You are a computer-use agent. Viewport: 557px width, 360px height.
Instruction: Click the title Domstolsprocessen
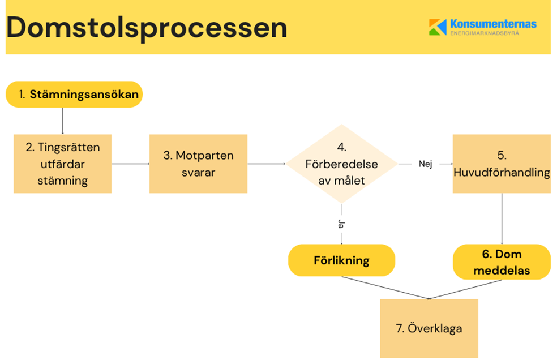pyautogui.click(x=147, y=27)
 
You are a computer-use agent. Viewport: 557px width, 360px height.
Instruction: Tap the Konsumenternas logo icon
pyautogui.click(x=438, y=27)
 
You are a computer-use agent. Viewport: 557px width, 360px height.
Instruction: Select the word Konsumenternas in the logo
pyautogui.click(x=492, y=24)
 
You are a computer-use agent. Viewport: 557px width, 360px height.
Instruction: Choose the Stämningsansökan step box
pyautogui.click(x=74, y=95)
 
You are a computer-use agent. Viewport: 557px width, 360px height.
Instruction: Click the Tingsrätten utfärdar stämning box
pyautogui.click(x=63, y=164)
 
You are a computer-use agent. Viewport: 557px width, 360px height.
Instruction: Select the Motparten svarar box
pyautogui.click(x=198, y=164)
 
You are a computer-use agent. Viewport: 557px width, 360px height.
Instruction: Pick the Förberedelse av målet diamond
pyautogui.click(x=341, y=164)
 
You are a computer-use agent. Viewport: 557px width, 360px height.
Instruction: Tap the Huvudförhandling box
pyautogui.click(x=502, y=164)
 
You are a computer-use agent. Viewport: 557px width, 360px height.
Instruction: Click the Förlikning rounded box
pyautogui.click(x=341, y=260)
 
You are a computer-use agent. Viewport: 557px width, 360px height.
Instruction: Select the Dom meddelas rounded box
pyautogui.click(x=502, y=262)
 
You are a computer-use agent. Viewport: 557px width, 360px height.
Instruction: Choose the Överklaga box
pyautogui.click(x=429, y=328)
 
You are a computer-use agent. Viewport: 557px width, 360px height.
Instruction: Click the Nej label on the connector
pyautogui.click(x=425, y=164)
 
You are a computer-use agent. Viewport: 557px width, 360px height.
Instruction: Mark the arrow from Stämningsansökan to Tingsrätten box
pyautogui.click(x=62, y=121)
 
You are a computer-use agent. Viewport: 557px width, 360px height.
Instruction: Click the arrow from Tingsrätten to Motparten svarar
pyautogui.click(x=130, y=164)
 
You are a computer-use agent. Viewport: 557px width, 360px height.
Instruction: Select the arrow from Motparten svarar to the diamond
pyautogui.click(x=266, y=164)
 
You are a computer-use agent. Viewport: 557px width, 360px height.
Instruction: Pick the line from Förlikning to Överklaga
pyautogui.click(x=385, y=288)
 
